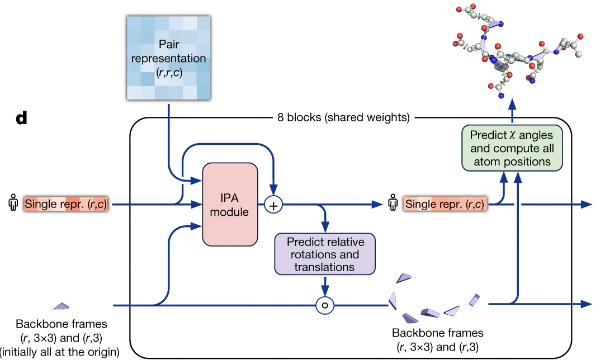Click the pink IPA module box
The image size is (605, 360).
click(230, 204)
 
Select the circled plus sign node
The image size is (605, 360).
click(273, 205)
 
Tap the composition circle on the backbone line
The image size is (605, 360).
click(325, 305)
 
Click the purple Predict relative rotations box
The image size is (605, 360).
click(324, 254)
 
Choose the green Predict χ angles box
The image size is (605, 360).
click(512, 148)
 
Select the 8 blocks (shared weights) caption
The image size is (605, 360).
click(343, 118)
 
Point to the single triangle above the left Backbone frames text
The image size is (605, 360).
click(61, 306)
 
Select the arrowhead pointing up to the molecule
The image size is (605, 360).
click(512, 105)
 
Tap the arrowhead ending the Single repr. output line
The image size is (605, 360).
click(587, 205)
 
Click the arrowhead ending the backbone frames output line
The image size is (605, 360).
click(587, 304)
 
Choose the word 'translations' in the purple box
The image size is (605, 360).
click(324, 267)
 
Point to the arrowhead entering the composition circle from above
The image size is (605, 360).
click(325, 292)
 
